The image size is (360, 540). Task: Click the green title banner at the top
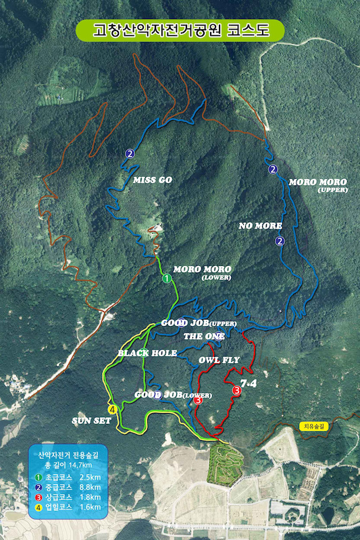pyautogui.click(x=180, y=30)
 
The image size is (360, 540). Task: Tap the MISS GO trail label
pyautogui.click(x=153, y=180)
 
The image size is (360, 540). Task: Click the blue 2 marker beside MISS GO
pyautogui.click(x=129, y=153)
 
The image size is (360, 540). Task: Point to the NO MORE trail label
pyautogui.click(x=260, y=225)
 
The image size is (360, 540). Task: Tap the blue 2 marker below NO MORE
pyautogui.click(x=280, y=240)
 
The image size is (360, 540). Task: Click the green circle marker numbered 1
pyautogui.click(x=166, y=277)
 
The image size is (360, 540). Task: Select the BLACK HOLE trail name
pyautogui.click(x=147, y=353)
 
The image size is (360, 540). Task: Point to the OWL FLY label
pyautogui.click(x=219, y=360)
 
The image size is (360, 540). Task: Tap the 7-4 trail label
pyautogui.click(x=248, y=383)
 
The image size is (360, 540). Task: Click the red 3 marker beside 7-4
pyautogui.click(x=236, y=390)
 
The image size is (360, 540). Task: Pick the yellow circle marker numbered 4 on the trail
pyautogui.click(x=113, y=408)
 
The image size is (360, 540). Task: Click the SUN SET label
pyautogui.click(x=91, y=421)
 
